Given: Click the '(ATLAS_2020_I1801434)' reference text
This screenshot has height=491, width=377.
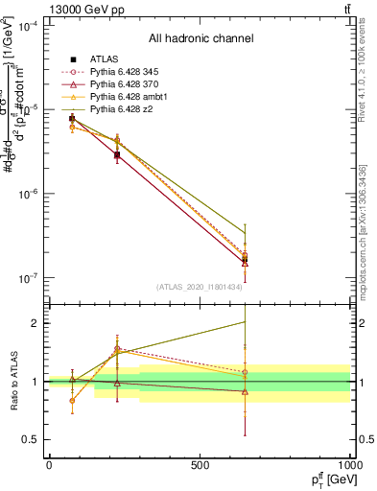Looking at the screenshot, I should [200, 287].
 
